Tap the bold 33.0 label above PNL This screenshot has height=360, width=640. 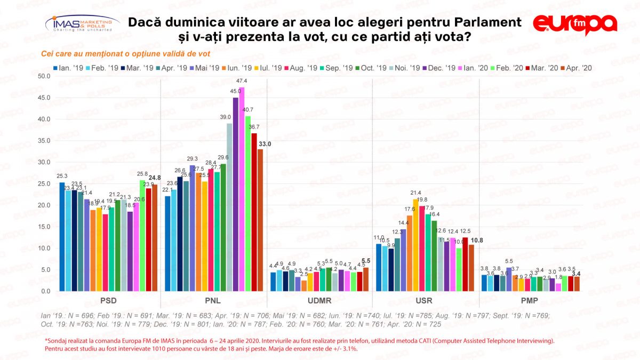click(x=265, y=144)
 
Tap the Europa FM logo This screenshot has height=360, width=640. click(x=575, y=24)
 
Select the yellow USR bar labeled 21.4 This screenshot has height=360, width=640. click(x=415, y=245)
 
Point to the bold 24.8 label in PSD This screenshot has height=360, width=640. click(x=155, y=178)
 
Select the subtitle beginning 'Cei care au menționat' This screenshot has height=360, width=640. click(x=125, y=53)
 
